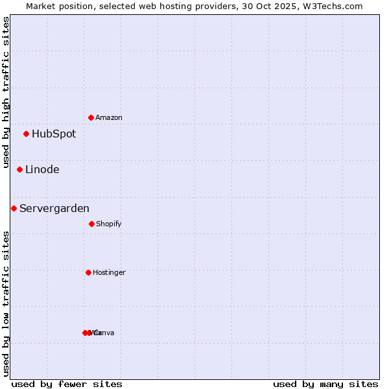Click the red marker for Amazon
pyautogui.click(x=91, y=117)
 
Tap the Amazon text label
pyautogui.click(x=109, y=117)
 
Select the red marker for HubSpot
pyautogui.click(x=27, y=134)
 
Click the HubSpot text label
pyautogui.click(x=54, y=134)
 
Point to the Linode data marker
pyautogui.click(x=20, y=170)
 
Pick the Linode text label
pyautogui.click(x=42, y=170)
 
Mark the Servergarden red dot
pyautogui.click(x=14, y=209)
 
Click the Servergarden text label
pyautogui.click(x=54, y=209)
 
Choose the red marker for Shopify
pyautogui.click(x=91, y=224)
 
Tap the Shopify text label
pyautogui.click(x=109, y=224)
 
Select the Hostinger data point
pyautogui.click(x=88, y=272)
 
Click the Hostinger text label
pyautogui.click(x=109, y=272)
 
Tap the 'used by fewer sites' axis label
pyautogui.click(x=67, y=384)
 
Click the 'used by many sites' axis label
pyautogui.click(x=325, y=384)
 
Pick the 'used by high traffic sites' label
pyautogui.click(x=6, y=92)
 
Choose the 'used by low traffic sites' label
pyautogui.click(x=6, y=303)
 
